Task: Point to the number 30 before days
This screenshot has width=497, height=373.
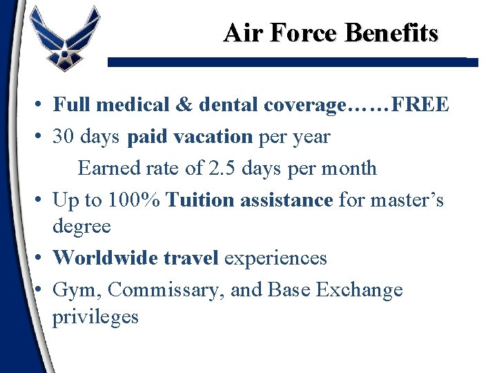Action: pyautogui.click(x=64, y=137)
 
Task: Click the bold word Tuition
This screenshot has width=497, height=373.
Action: pyautogui.click(x=199, y=200)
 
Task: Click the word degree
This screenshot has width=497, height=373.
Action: pyautogui.click(x=81, y=227)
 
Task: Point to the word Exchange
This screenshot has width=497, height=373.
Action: pyautogui.click(x=359, y=290)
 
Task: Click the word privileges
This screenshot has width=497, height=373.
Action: pyautogui.click(x=95, y=316)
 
